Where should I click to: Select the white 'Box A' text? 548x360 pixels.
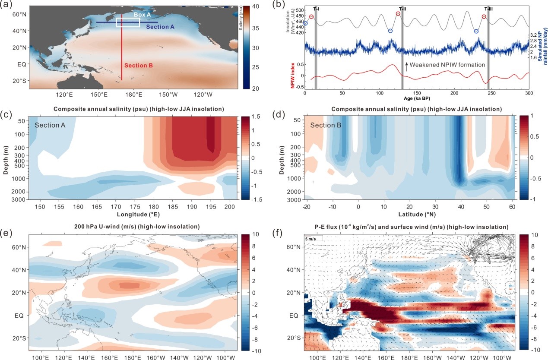pyautogui.click(x=142, y=15)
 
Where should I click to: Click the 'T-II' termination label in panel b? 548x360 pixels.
pyautogui.click(x=402, y=9)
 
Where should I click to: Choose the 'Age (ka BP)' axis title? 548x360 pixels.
pyautogui.click(x=416, y=99)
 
